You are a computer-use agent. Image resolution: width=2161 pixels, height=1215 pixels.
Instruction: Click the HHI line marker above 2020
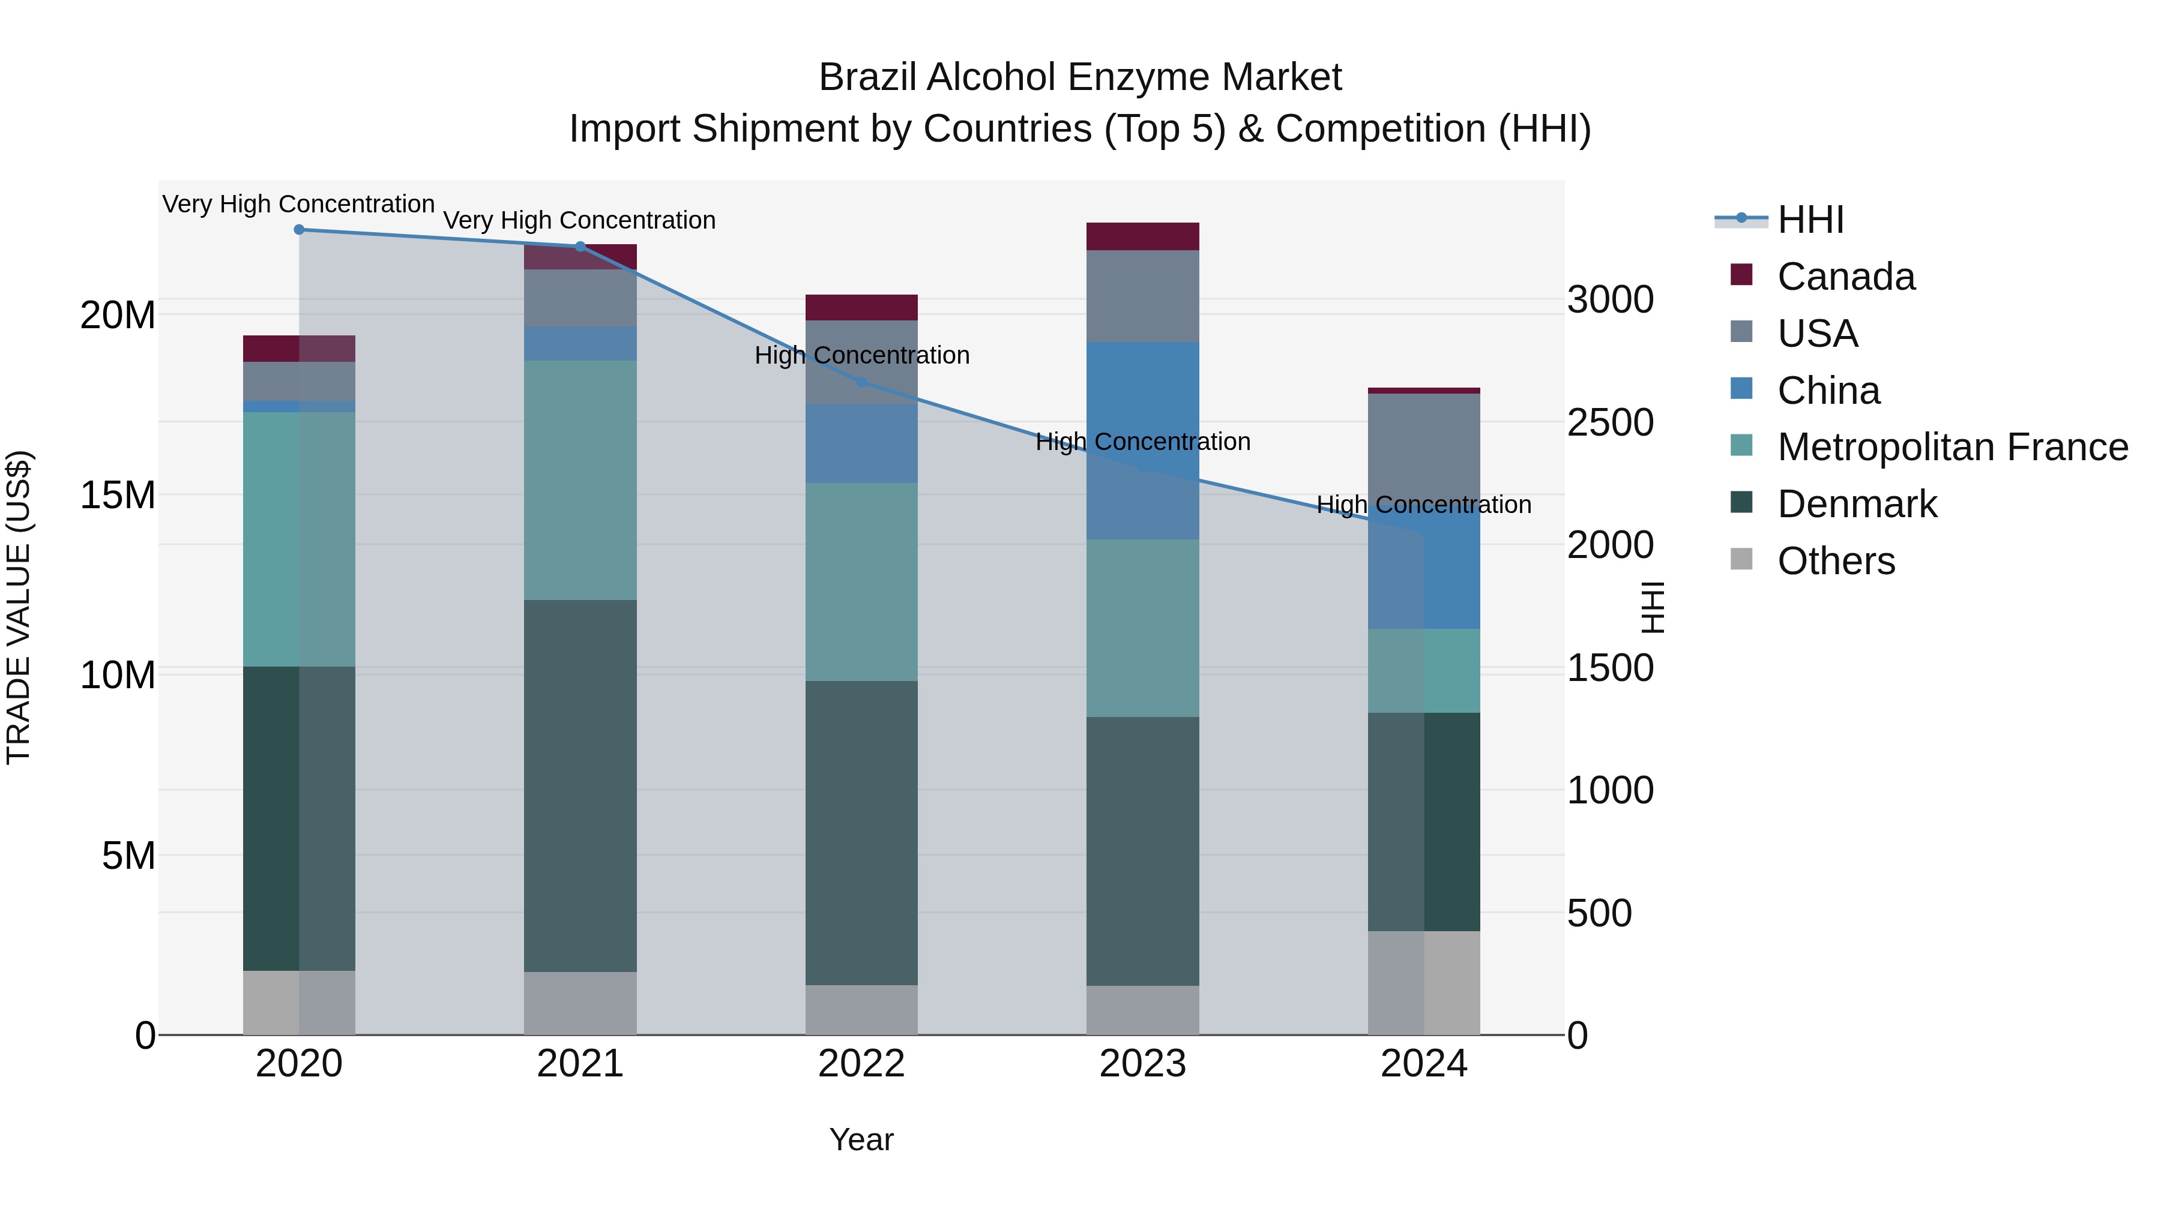click(x=299, y=230)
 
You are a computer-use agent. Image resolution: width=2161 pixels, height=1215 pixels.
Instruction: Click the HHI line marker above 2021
click(x=580, y=247)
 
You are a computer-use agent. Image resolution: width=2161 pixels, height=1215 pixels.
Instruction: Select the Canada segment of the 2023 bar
click(x=1142, y=236)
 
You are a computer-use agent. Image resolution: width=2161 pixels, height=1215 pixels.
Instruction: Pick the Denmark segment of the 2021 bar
click(x=580, y=785)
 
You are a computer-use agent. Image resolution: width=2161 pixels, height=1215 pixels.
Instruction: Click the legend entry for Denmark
click(x=1857, y=504)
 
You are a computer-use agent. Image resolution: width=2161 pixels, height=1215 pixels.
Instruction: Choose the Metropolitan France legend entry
click(x=1952, y=447)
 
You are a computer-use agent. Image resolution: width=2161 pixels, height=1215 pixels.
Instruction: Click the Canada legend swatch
click(x=1741, y=275)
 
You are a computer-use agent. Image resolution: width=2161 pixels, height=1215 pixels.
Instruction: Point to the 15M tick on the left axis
click(x=118, y=495)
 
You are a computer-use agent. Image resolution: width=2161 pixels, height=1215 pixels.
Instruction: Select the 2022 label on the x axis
click(x=861, y=1064)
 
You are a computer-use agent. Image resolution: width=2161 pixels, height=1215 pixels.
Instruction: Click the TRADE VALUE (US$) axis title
click(x=19, y=607)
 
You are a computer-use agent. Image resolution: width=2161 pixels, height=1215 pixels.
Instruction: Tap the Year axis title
click(x=861, y=1139)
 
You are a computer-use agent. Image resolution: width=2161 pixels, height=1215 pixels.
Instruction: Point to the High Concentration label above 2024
click(x=1424, y=505)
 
